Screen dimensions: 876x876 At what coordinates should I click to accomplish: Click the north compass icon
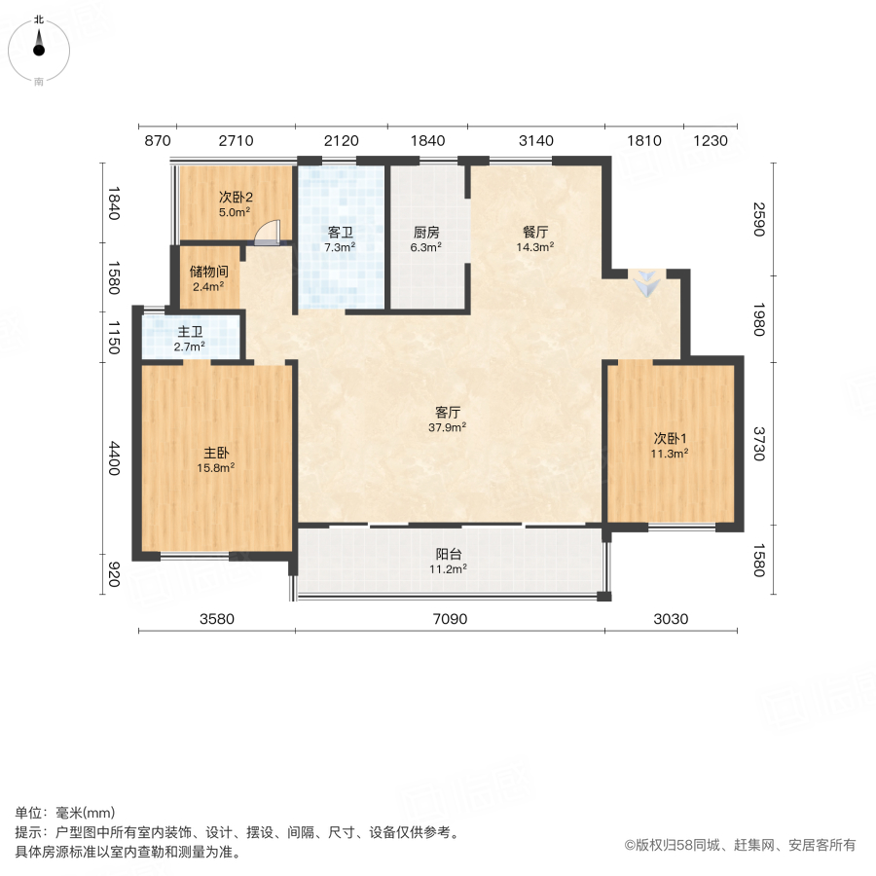pos(39,47)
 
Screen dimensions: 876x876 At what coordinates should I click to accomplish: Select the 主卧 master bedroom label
pos(216,453)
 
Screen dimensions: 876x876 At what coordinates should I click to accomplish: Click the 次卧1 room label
pos(671,437)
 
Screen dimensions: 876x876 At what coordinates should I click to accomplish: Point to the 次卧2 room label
pos(236,196)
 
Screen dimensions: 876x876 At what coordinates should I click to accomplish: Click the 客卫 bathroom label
pos(340,233)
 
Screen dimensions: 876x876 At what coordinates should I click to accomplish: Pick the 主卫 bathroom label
pos(190,332)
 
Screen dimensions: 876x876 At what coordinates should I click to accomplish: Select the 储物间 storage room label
pos(209,272)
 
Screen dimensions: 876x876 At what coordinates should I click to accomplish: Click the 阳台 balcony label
pos(449,554)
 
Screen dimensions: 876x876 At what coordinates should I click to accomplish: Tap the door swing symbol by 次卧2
pos(268,232)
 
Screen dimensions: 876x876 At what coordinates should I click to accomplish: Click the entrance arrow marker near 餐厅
pos(646,285)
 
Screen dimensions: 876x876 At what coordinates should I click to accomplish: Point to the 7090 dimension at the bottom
pos(451,620)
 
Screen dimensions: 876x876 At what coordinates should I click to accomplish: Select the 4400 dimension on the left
pos(114,458)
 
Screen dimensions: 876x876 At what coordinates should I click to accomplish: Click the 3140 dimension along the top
pos(536,141)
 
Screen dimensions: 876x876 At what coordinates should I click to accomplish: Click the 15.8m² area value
pos(216,467)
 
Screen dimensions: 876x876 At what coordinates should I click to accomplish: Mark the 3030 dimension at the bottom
pos(671,620)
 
